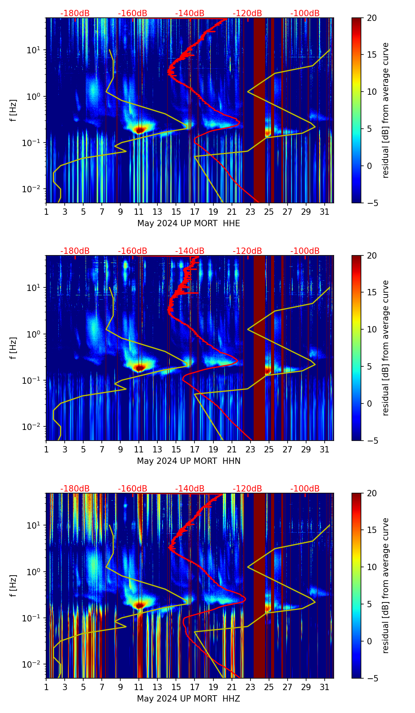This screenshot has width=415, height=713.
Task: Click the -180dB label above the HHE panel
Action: click(x=75, y=13)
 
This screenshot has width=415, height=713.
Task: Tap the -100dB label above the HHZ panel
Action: click(x=305, y=489)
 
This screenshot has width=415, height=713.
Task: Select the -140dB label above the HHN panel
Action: click(x=190, y=251)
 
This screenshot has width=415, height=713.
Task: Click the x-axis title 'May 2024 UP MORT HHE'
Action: click(x=189, y=223)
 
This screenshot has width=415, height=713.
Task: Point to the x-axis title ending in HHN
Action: click(x=189, y=461)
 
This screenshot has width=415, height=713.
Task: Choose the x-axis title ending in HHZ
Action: click(x=189, y=699)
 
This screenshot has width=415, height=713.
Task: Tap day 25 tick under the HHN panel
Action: click(x=269, y=450)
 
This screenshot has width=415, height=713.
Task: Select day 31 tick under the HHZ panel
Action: click(x=325, y=687)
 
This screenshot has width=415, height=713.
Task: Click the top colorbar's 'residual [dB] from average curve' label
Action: click(x=386, y=110)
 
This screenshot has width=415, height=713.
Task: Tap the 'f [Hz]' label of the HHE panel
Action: click(x=14, y=110)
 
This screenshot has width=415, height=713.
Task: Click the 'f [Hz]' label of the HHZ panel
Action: click(x=14, y=585)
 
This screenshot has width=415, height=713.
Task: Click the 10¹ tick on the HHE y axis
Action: click(x=34, y=50)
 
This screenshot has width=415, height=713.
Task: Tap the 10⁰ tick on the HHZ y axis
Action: click(x=34, y=572)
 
